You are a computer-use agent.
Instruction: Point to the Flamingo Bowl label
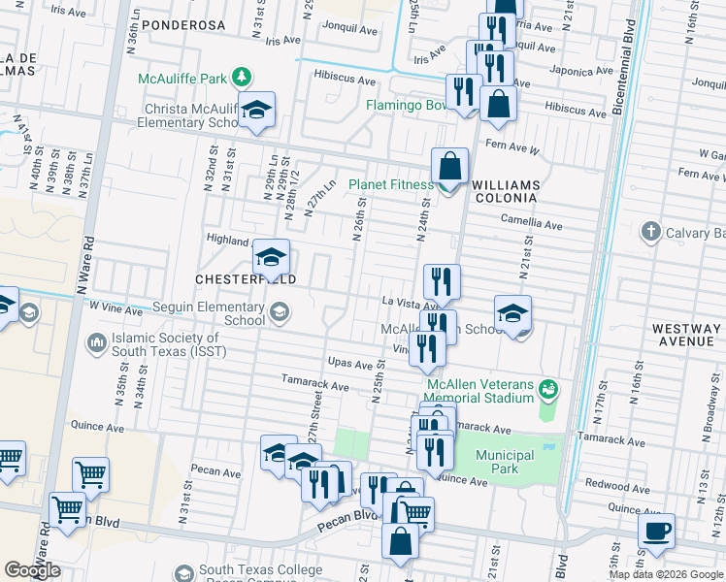click(x=405, y=105)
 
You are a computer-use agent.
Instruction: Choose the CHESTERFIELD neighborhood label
click(x=245, y=278)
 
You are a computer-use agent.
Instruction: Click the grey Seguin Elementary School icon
click(x=280, y=311)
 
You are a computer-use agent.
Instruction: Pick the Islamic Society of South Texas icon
click(x=97, y=341)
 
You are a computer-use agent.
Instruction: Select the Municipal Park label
click(x=505, y=462)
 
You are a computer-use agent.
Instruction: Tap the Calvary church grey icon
click(x=650, y=232)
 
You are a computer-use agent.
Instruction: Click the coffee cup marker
click(x=656, y=532)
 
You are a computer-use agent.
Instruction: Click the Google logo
click(x=33, y=569)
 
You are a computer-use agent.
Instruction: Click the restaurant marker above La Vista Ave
click(x=442, y=281)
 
